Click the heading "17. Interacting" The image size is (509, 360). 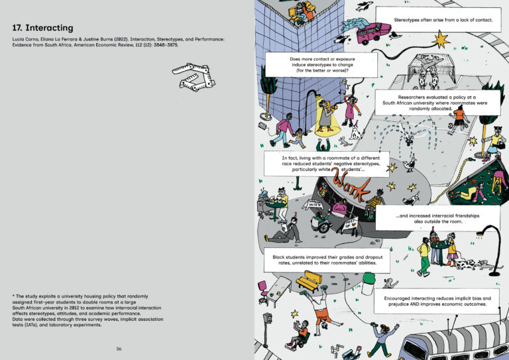point(42,28)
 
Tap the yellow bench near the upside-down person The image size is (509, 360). point(308,282)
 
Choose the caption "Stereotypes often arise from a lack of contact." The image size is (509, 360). point(443,20)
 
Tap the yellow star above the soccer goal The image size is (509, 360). point(439,41)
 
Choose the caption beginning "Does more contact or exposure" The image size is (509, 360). point(321,64)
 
